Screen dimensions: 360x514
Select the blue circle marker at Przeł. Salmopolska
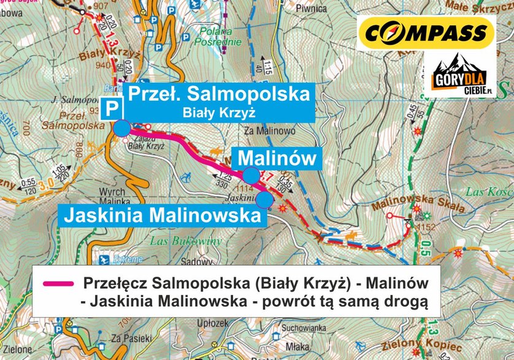pyautogui.click(x=122, y=128)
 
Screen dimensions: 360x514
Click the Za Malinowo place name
pyautogui.click(x=269, y=131)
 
